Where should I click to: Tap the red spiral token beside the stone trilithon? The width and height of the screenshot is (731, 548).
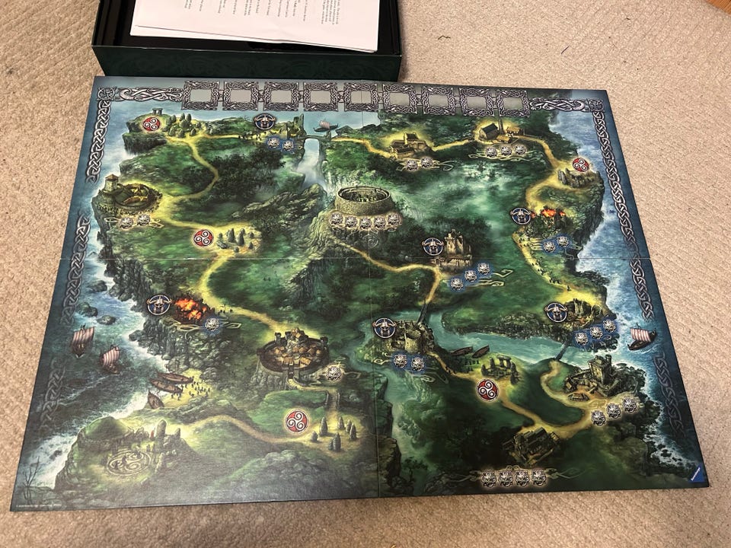487,390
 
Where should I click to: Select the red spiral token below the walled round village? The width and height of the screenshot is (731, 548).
295,421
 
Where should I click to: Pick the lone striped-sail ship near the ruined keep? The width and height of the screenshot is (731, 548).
642,337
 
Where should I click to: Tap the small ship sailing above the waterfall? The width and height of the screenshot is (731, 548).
325,125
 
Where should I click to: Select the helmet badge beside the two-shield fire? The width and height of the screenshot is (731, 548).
522,215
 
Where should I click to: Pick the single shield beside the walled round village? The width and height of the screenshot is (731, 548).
334,372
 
